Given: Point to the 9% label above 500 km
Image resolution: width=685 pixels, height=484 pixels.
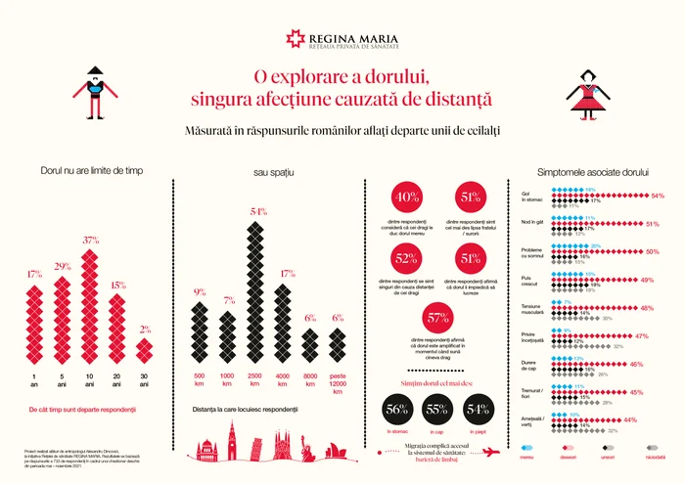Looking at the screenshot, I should (200, 291).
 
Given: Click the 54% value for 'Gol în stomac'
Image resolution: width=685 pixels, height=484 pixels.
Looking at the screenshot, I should (658, 196).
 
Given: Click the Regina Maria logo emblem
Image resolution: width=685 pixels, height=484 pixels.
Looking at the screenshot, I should (296, 37).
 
